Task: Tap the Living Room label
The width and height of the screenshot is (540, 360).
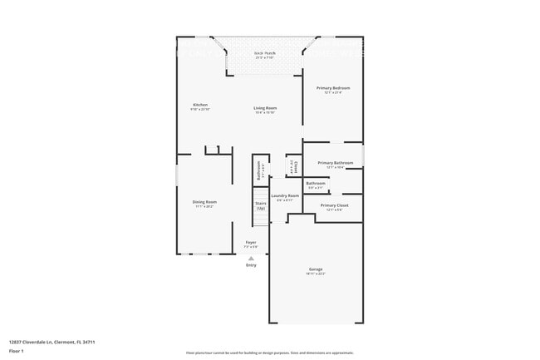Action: [265, 107]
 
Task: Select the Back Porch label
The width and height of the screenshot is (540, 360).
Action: [265, 53]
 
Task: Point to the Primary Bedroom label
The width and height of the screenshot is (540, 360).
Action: [333, 87]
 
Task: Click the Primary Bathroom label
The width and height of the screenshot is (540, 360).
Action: [335, 163]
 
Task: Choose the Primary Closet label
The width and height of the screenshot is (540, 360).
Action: [334, 205]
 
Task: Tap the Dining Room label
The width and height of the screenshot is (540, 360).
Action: [205, 201]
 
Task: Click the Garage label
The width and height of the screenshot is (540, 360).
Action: [316, 269]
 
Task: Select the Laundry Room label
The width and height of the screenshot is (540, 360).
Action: [284, 195]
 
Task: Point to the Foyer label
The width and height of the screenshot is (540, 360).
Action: [250, 242]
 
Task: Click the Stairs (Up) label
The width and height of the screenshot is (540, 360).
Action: [261, 205]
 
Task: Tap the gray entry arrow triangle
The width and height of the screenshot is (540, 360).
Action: [251, 258]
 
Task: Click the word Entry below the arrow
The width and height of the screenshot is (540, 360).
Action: [251, 265]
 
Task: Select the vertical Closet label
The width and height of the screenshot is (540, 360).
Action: [293, 167]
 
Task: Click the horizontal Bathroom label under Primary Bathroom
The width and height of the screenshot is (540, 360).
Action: [316, 183]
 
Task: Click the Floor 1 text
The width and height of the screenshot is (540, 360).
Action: [17, 351]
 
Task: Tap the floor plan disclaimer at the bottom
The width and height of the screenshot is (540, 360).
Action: [270, 353]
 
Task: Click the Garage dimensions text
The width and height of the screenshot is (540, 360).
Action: [316, 274]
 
